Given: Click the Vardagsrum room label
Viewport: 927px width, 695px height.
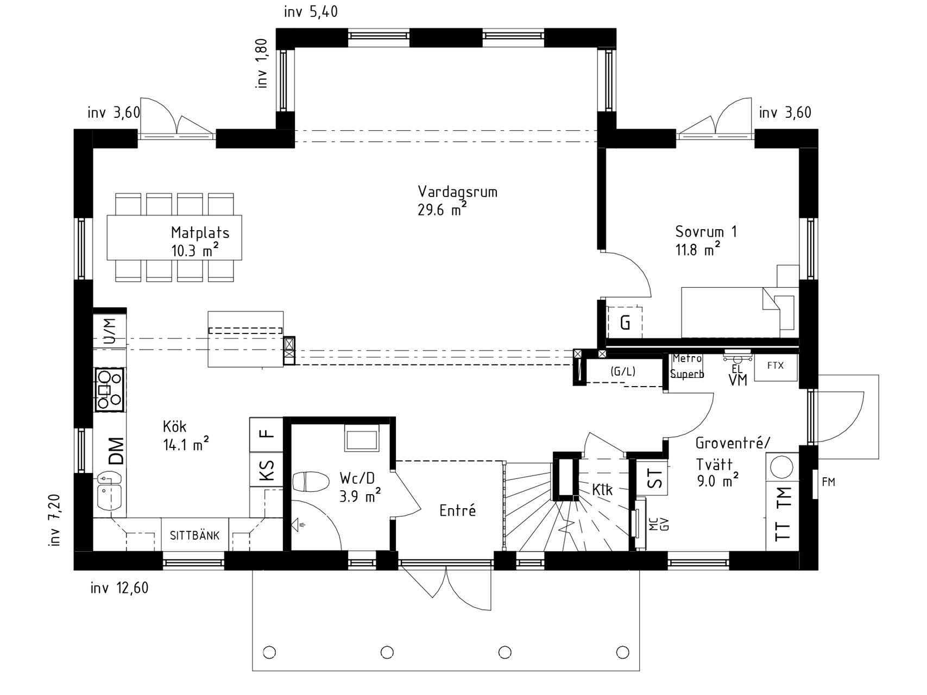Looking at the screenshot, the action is tap(457, 192).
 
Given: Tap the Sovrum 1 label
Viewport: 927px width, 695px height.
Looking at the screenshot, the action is tap(706, 232).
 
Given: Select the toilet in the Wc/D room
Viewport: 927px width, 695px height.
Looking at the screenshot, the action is tap(311, 482).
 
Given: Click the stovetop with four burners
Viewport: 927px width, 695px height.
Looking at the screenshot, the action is tap(110, 389).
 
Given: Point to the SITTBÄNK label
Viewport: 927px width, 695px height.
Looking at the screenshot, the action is tap(194, 536).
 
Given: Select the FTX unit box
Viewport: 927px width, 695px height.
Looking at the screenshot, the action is tap(776, 367).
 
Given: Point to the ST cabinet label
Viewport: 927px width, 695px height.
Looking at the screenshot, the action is tap(655, 478).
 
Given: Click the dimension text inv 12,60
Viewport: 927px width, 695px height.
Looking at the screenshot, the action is tap(119, 588).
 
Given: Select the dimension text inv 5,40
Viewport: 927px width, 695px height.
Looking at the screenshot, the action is tap(311, 11).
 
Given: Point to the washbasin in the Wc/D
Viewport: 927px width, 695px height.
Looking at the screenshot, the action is tap(362, 440).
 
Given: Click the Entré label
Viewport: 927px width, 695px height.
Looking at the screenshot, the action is tap(458, 510).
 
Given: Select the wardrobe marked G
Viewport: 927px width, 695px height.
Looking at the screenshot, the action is tap(625, 323).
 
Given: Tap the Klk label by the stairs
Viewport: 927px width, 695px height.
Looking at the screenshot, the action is tap(602, 490).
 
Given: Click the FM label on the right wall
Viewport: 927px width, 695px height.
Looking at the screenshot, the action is tap(828, 482).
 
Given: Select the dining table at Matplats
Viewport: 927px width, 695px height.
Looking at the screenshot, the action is tap(174, 238).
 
